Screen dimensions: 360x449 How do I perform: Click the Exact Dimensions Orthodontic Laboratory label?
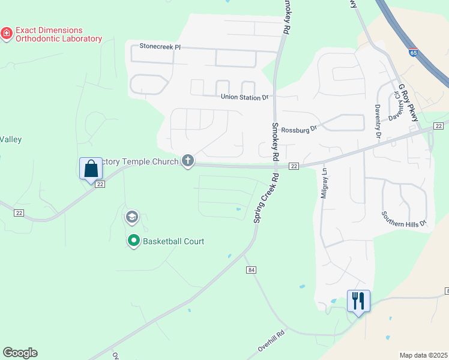tap(58, 34)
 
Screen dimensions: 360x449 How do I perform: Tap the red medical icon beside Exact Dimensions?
tap(7, 34)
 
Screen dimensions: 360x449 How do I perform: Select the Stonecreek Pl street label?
tap(156, 46)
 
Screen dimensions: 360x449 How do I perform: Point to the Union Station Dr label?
tap(244, 97)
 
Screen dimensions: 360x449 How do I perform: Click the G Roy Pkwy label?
tap(408, 103)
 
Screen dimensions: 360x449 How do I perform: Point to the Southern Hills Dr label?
tap(403, 218)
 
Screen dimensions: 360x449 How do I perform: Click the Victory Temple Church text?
tap(140, 161)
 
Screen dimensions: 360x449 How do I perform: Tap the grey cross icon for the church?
tap(188, 161)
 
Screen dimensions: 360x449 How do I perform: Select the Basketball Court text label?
tap(173, 241)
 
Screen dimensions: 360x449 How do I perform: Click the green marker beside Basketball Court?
tap(133, 241)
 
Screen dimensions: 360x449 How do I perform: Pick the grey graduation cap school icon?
tap(131, 217)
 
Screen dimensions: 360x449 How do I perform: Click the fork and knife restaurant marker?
tap(358, 300)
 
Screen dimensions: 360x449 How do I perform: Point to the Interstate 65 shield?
tap(414, 53)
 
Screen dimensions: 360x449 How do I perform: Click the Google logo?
tap(20, 353)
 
